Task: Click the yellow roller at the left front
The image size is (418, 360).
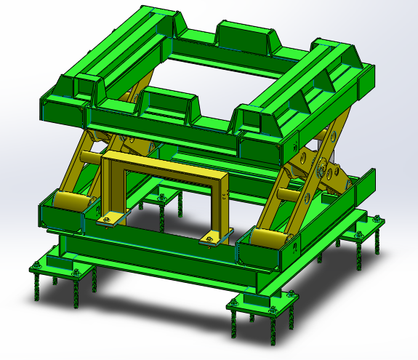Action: click(71, 202)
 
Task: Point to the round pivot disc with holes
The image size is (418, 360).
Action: click(322, 169)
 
